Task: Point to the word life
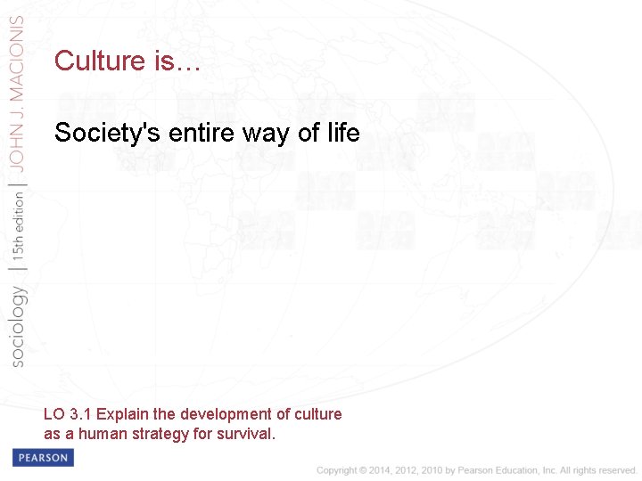click(x=341, y=134)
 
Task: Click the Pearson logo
click(x=43, y=458)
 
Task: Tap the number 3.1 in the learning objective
click(x=79, y=414)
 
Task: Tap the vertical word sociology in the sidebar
click(x=17, y=324)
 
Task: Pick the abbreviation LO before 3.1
click(x=53, y=414)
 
